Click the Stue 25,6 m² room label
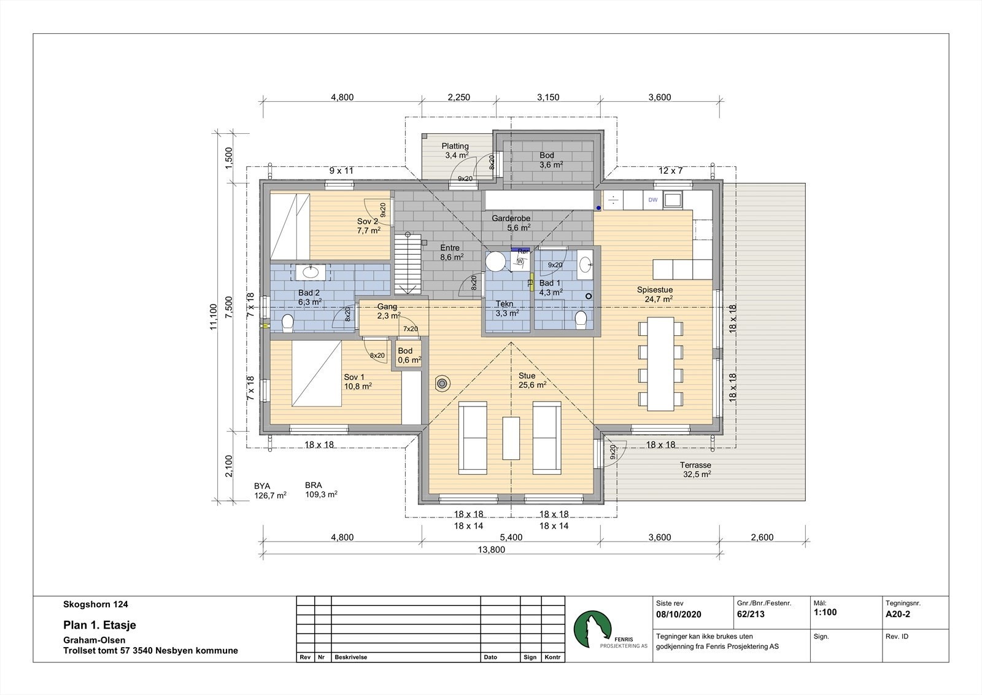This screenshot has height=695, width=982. coord(532,380)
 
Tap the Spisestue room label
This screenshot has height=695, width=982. coord(654,290)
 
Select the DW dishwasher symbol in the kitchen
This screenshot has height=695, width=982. coord(653,200)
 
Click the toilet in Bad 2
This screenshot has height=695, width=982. coord(288,324)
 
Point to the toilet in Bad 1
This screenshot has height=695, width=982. coord(581,319)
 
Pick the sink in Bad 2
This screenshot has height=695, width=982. coord(311,273)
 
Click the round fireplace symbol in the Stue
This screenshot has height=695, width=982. coord(442,384)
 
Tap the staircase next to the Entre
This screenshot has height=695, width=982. coord(408,265)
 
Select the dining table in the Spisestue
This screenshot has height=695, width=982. coord(660,364)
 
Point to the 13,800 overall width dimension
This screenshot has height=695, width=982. coord(492,550)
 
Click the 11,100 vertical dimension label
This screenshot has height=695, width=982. coord(214,317)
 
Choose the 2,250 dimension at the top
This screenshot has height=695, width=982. coord(459,98)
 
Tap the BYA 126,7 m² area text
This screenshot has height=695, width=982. coord(270,491)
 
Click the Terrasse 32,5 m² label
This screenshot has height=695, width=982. coord(696,469)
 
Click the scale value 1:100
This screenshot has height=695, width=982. coord(825,613)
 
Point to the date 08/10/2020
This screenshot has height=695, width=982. coord(679,615)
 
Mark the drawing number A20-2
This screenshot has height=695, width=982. coord(897,615)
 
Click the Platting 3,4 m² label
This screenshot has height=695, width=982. coord(455,150)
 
